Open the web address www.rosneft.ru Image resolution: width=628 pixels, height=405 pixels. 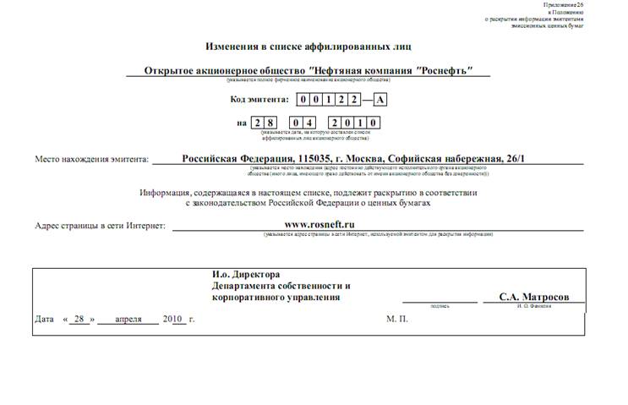[x=319, y=224]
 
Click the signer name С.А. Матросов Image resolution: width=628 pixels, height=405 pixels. [x=534, y=298]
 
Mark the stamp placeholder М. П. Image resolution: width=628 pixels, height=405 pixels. [x=397, y=320]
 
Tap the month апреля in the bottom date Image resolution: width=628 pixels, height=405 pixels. [x=128, y=320]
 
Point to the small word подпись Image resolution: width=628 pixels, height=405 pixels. [x=440, y=306]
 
